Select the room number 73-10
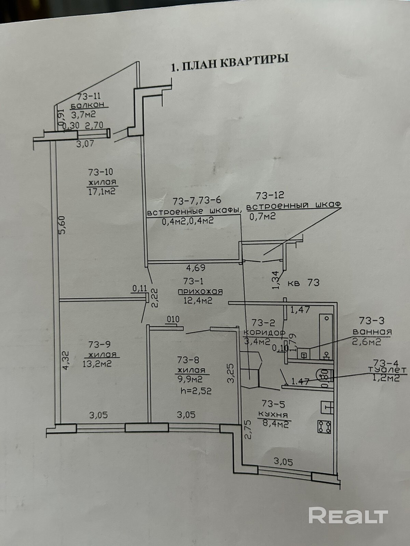(x=100, y=172)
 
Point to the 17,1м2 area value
(x=102, y=191)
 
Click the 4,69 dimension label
(x=196, y=268)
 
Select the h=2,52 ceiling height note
(x=196, y=391)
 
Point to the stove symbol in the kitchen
(x=324, y=427)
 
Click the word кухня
(x=273, y=414)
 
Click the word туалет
(x=387, y=370)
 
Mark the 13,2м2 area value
(x=97, y=364)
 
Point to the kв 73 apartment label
(x=303, y=283)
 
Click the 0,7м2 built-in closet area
(x=262, y=216)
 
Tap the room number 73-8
(x=189, y=359)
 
